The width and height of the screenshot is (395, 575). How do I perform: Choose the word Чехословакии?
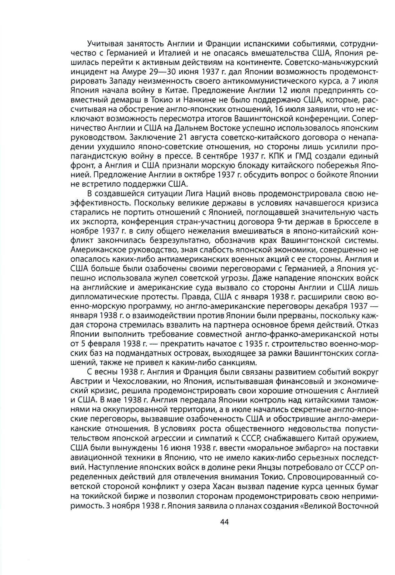click(131, 383)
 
